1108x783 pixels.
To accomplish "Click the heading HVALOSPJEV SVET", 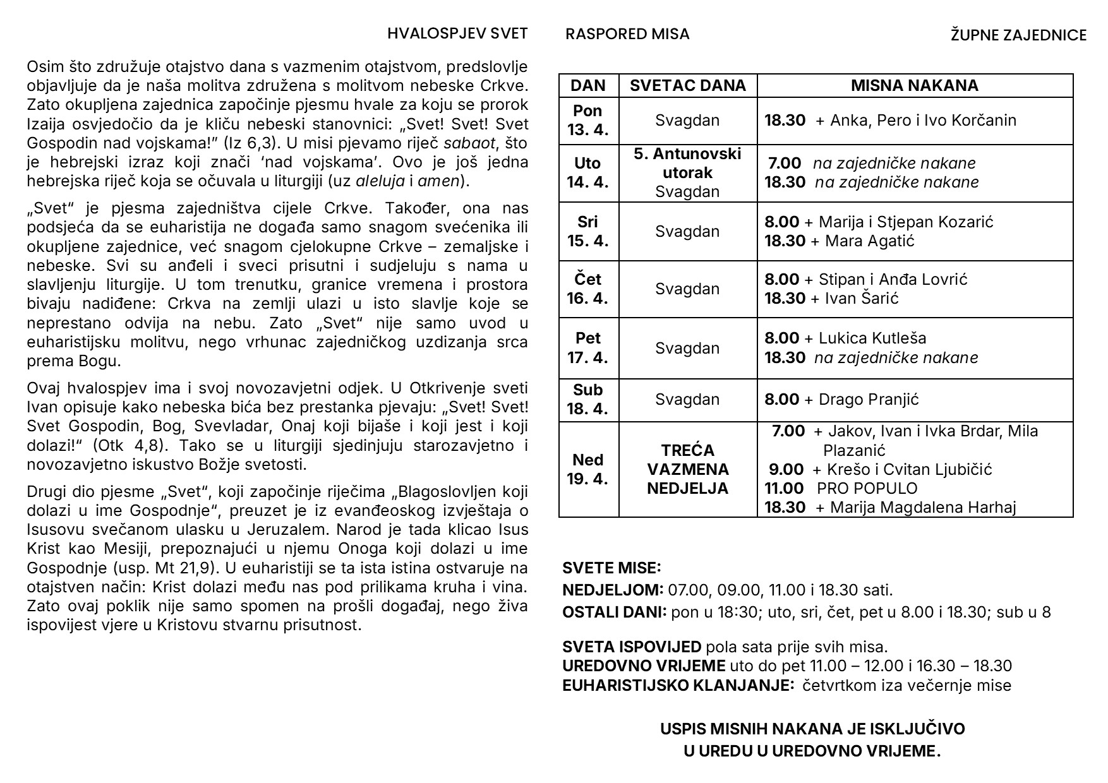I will point(457,34).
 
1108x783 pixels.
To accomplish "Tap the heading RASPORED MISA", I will point(627,34).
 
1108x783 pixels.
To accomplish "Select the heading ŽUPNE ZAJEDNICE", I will point(1018,35).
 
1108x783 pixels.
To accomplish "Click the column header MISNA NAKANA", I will point(914,86).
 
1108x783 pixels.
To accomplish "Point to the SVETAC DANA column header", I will point(687,86).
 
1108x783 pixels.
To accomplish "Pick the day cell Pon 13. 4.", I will point(587,121).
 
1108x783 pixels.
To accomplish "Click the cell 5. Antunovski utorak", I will point(687,163).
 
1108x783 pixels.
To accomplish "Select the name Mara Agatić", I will point(869,241).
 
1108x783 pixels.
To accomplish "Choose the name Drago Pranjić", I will point(869,399).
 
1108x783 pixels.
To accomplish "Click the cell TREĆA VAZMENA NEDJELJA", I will point(687,469).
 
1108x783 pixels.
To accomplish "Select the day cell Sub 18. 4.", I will point(587,399).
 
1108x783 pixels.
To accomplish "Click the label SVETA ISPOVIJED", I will point(631,647).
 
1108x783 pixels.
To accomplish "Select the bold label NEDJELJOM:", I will point(612,590).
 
